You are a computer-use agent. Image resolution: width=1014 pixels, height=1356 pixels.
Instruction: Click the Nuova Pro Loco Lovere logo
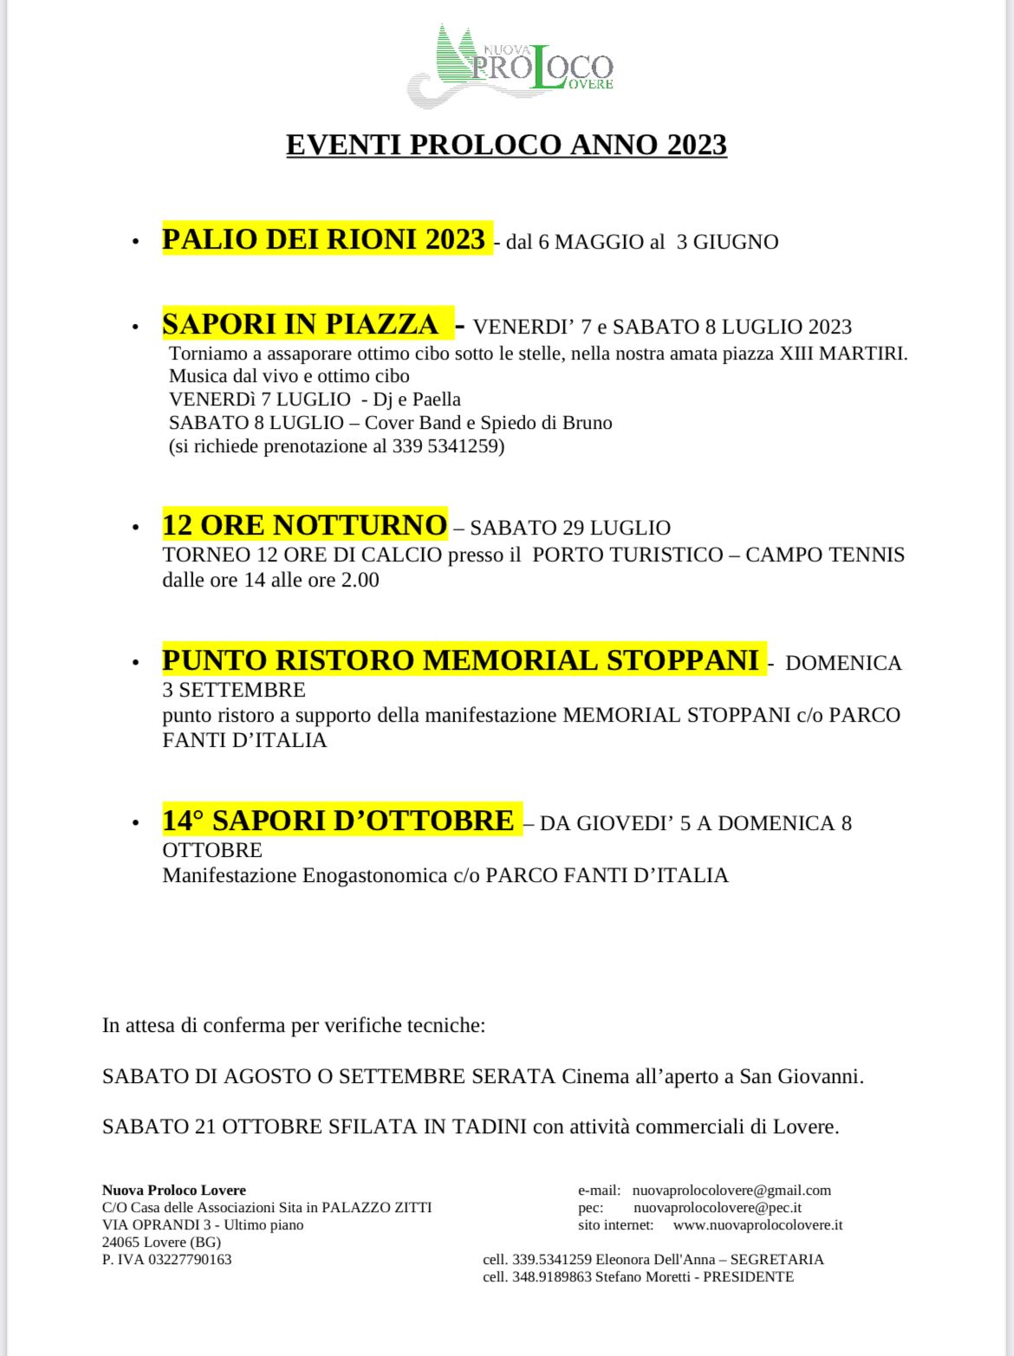pos(511,66)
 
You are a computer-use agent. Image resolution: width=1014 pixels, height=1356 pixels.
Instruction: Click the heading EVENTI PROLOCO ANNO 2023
pos(506,145)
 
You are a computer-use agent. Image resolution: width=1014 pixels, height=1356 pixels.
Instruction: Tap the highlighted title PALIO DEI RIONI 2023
pos(323,239)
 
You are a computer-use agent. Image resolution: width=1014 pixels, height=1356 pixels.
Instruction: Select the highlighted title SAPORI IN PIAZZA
pos(301,324)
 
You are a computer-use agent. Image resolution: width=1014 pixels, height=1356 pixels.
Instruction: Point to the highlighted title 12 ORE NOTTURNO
pos(304,525)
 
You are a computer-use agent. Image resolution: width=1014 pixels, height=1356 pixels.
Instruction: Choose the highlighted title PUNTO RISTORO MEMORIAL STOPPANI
pos(460,660)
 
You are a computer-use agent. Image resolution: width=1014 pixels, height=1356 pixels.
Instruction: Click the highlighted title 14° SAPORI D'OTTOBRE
pos(338,821)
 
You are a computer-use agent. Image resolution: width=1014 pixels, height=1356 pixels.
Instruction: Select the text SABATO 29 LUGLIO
pos(570,528)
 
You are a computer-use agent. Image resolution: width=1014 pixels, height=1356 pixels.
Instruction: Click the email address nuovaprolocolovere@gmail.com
pos(731,1191)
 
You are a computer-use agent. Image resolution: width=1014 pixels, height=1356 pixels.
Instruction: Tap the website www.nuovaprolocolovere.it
pos(757,1225)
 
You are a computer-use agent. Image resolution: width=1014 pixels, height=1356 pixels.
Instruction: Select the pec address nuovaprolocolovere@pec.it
pos(717,1208)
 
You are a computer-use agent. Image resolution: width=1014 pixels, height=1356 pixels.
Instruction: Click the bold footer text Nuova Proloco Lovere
pos(174,1191)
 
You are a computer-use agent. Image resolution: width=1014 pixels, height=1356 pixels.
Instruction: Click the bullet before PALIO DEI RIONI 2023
pos(135,243)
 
